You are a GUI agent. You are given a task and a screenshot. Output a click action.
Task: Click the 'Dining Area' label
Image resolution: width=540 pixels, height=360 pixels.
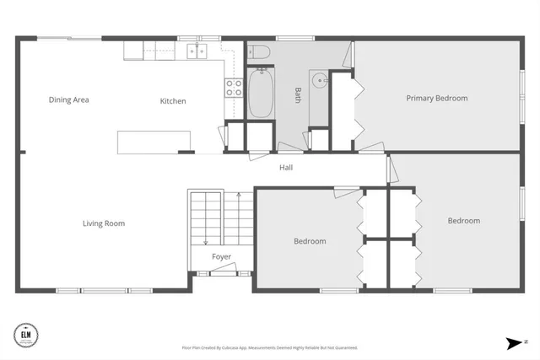point(68,99)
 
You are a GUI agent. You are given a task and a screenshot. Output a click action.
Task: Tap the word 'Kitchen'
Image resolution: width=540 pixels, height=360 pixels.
point(173,101)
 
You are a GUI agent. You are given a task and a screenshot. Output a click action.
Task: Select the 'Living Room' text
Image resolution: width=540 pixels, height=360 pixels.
point(104,223)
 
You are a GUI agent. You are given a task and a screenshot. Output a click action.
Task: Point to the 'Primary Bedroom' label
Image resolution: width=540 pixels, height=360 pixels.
point(436,98)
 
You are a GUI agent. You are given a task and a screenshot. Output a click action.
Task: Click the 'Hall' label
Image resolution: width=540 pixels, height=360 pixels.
point(286,168)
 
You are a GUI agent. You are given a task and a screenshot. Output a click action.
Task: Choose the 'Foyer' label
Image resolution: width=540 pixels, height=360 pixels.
point(221,257)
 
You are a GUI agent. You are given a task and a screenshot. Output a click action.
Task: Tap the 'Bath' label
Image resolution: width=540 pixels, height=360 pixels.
point(297,92)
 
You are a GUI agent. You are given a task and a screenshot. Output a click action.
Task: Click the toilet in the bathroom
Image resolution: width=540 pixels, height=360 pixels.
point(259,52)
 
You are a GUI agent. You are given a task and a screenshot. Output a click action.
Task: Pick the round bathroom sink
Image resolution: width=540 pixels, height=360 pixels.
point(319,82)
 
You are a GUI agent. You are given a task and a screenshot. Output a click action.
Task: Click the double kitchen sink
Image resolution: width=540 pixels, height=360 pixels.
point(197,51)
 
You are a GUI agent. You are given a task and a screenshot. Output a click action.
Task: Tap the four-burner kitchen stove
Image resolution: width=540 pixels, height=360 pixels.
point(233,84)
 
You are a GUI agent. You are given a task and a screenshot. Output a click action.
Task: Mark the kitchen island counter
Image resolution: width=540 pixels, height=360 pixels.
point(154,142)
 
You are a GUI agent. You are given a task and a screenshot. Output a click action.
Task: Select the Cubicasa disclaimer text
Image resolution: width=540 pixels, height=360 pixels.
point(269,347)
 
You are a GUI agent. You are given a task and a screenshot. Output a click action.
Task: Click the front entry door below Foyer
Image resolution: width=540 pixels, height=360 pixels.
point(222,272)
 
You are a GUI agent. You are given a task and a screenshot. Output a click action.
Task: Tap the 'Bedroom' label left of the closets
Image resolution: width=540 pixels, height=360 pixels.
point(310,241)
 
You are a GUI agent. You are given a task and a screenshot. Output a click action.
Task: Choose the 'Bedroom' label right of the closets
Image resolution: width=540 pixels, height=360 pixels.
point(463,221)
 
